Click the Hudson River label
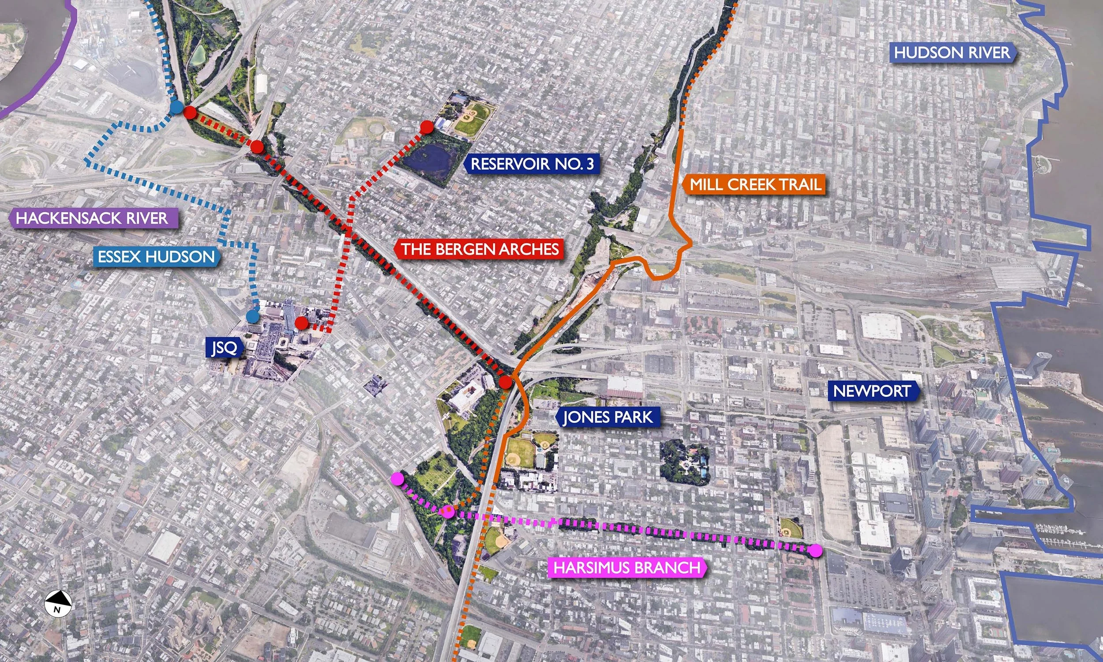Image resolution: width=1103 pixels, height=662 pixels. pyautogui.click(x=952, y=53)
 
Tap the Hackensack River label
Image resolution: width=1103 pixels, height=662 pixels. pyautogui.click(x=92, y=218)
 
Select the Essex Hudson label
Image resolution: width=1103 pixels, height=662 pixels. pyautogui.click(x=156, y=257)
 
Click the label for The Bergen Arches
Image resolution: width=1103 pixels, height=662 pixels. pyautogui.click(x=480, y=249)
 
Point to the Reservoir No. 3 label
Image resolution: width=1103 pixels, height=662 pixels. pyautogui.click(x=533, y=164)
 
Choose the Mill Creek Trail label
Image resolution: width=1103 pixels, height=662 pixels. pyautogui.click(x=755, y=184)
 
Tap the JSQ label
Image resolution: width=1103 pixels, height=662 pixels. pyautogui.click(x=224, y=347)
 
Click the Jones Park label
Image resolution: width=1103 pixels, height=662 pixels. pyautogui.click(x=608, y=418)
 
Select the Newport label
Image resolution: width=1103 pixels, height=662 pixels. pyautogui.click(x=872, y=391)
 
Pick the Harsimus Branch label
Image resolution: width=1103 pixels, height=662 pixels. pyautogui.click(x=627, y=568)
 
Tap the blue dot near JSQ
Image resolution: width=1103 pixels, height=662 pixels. pyautogui.click(x=253, y=317)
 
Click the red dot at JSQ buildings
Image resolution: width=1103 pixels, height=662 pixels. pyautogui.click(x=302, y=323)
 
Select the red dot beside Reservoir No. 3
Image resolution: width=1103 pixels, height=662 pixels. pyautogui.click(x=427, y=127)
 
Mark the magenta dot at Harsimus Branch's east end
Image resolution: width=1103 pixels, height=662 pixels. pyautogui.click(x=816, y=550)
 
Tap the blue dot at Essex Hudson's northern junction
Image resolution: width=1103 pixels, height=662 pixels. pyautogui.click(x=176, y=108)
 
